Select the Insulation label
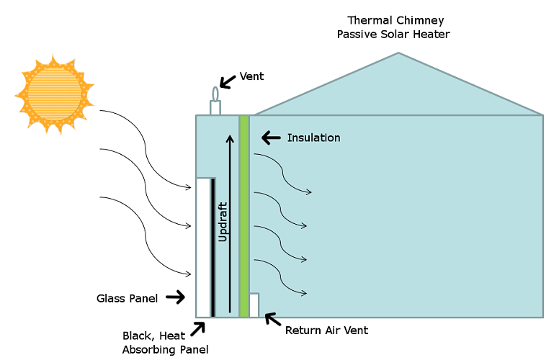[x=313, y=138]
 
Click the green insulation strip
[x=244, y=216]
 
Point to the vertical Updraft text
[x=223, y=220]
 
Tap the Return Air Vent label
[x=326, y=330]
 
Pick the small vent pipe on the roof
[x=215, y=102]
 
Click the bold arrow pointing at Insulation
[x=271, y=137]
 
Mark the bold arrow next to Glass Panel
[x=174, y=296]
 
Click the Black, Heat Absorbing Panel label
[x=165, y=343]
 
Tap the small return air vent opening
[x=254, y=305]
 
